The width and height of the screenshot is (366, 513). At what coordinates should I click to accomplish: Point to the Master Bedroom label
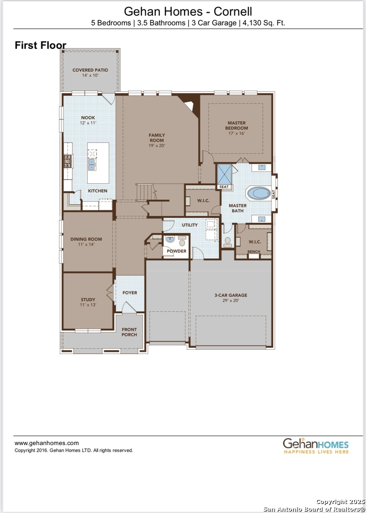[x=236, y=126]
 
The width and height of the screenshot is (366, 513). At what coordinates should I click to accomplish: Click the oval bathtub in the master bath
[x=259, y=193]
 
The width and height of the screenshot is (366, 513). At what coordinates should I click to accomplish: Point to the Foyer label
[x=130, y=293]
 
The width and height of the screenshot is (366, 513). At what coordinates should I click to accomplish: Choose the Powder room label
[x=176, y=251]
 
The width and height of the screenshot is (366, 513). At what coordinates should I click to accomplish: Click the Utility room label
[x=189, y=225]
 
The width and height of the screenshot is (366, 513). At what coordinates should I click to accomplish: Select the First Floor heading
[x=40, y=46]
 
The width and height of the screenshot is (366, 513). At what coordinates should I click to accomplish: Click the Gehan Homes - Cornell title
[x=188, y=11]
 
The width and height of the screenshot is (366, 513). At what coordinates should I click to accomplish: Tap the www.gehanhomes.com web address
[x=47, y=443]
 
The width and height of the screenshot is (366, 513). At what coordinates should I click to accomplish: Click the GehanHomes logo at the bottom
[x=316, y=446]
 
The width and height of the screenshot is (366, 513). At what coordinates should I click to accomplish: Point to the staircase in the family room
[x=145, y=192]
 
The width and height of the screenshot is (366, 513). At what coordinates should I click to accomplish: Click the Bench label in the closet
[x=253, y=251]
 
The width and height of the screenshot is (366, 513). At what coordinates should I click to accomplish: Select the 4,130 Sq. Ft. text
[x=263, y=22]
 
